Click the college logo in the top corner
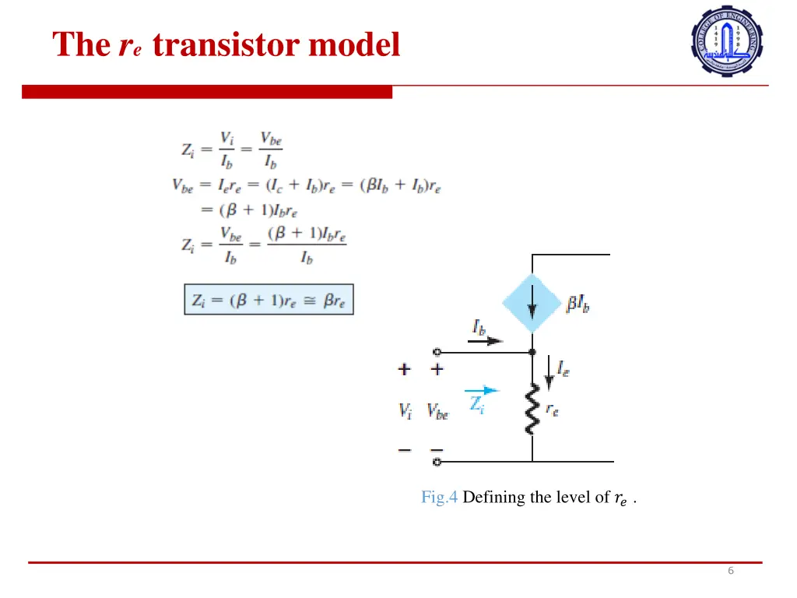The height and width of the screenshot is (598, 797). pyautogui.click(x=727, y=40)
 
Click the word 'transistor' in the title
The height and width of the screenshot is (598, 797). pyautogui.click(x=226, y=45)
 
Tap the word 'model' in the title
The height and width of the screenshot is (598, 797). pyautogui.click(x=354, y=45)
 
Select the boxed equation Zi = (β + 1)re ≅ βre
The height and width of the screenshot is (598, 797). pyautogui.click(x=269, y=299)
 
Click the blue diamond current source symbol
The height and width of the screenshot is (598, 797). pyautogui.click(x=532, y=303)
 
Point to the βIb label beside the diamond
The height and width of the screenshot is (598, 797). pyautogui.click(x=578, y=304)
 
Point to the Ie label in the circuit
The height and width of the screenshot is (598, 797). pyautogui.click(x=563, y=368)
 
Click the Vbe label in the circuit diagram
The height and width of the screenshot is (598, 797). pyautogui.click(x=437, y=411)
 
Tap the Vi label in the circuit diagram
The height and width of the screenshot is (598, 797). pyautogui.click(x=406, y=411)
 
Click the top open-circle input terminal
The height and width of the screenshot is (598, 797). pyautogui.click(x=437, y=352)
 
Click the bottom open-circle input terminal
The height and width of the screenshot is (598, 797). pyautogui.click(x=437, y=462)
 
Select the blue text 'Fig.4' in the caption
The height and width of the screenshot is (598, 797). pyautogui.click(x=440, y=497)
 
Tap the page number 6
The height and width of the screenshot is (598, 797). pyautogui.click(x=730, y=571)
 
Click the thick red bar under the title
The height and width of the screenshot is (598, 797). pyautogui.click(x=207, y=92)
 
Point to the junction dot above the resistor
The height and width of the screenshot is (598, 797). pyautogui.click(x=532, y=352)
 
